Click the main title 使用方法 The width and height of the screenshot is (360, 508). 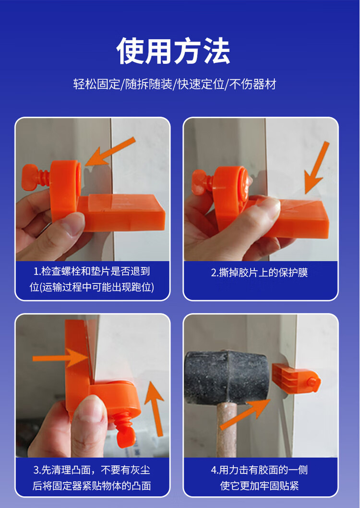(x=173, y=51)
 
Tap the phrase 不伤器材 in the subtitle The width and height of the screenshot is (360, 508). (x=252, y=85)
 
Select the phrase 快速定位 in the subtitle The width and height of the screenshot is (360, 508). (x=201, y=85)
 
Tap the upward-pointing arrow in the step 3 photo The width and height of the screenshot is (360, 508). (x=155, y=408)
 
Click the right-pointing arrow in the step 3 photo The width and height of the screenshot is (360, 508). (x=60, y=358)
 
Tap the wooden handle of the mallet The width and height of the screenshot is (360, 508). (x=226, y=432)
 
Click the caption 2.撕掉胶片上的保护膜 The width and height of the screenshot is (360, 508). (x=260, y=273)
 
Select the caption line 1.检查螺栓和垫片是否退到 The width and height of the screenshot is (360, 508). (x=92, y=271)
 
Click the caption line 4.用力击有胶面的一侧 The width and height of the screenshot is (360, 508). (x=260, y=470)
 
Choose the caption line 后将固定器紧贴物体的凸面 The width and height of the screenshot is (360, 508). (x=92, y=485)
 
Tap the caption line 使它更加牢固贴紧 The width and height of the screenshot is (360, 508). (x=260, y=485)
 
